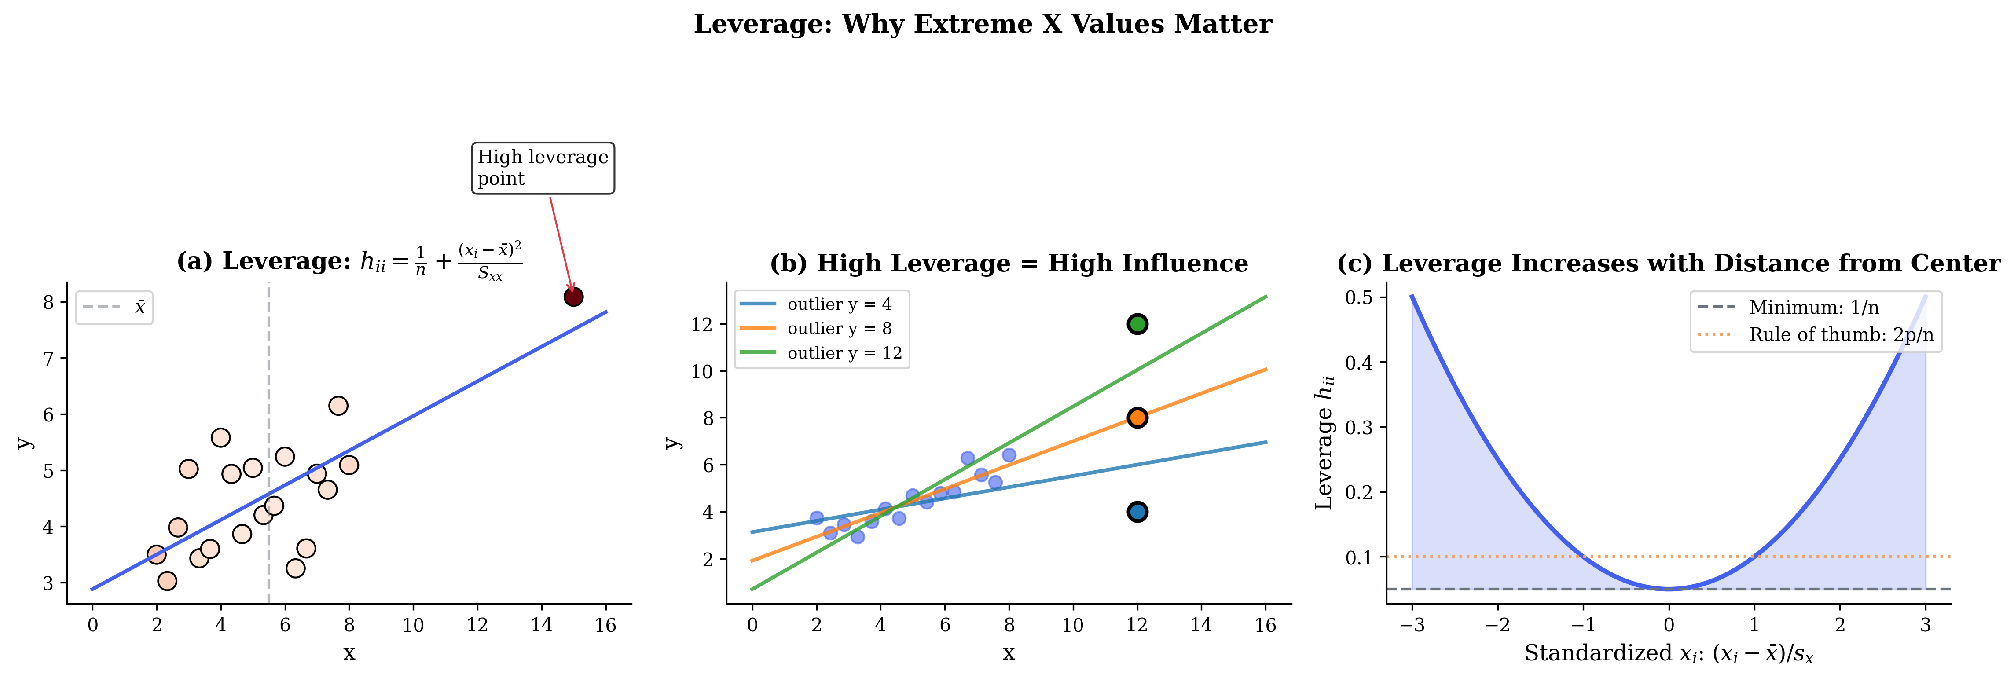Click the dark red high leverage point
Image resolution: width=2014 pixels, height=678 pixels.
[x=573, y=297]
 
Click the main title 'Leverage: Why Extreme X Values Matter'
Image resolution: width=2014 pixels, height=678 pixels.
[x=983, y=24]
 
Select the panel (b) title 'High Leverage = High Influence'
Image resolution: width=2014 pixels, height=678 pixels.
[x=1009, y=264]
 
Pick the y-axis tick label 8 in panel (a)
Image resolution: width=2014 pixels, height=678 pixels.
[x=48, y=303]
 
